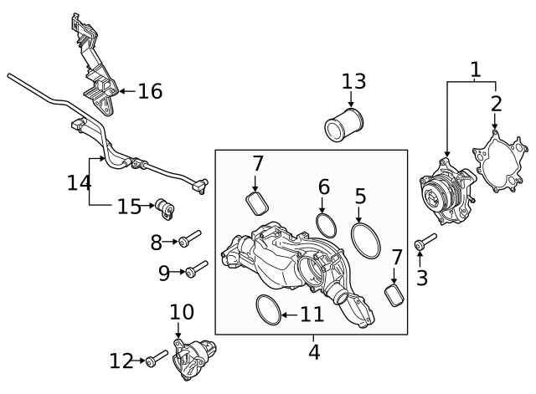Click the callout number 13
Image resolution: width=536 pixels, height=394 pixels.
[x=353, y=81]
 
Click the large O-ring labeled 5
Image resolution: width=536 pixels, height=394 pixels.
[x=364, y=240]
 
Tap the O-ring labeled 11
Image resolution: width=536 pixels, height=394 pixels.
[x=266, y=310]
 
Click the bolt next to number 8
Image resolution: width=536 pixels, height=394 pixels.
[x=188, y=240]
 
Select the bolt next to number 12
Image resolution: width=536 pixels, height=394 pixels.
[x=156, y=361]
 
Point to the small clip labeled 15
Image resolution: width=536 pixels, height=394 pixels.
[x=164, y=207]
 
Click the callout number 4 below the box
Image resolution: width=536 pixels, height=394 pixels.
[x=313, y=352]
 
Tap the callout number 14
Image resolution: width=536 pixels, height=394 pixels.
[x=78, y=182]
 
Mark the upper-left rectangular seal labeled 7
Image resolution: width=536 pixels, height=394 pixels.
[x=255, y=202]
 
